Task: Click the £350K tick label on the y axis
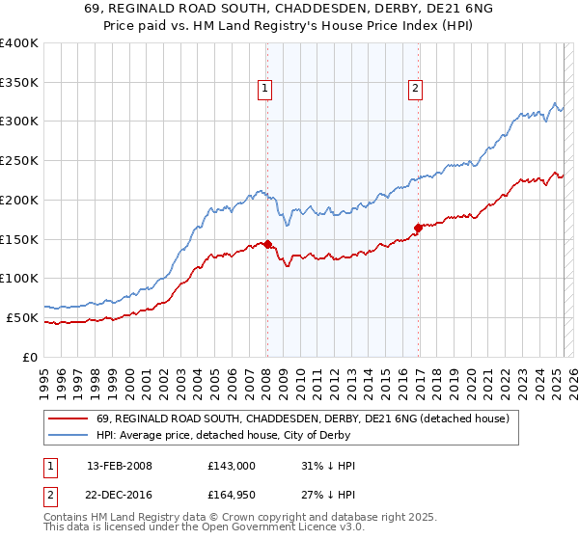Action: (x=18, y=82)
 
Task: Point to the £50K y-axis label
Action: (x=21, y=317)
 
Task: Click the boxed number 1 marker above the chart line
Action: (x=265, y=89)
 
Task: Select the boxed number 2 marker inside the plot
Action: (x=416, y=89)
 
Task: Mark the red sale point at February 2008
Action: (x=267, y=244)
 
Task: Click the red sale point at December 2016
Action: (x=419, y=228)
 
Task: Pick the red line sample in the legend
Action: (x=66, y=418)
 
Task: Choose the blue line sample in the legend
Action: (x=66, y=435)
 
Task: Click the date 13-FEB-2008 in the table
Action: (x=120, y=466)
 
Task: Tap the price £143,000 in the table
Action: (x=232, y=466)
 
